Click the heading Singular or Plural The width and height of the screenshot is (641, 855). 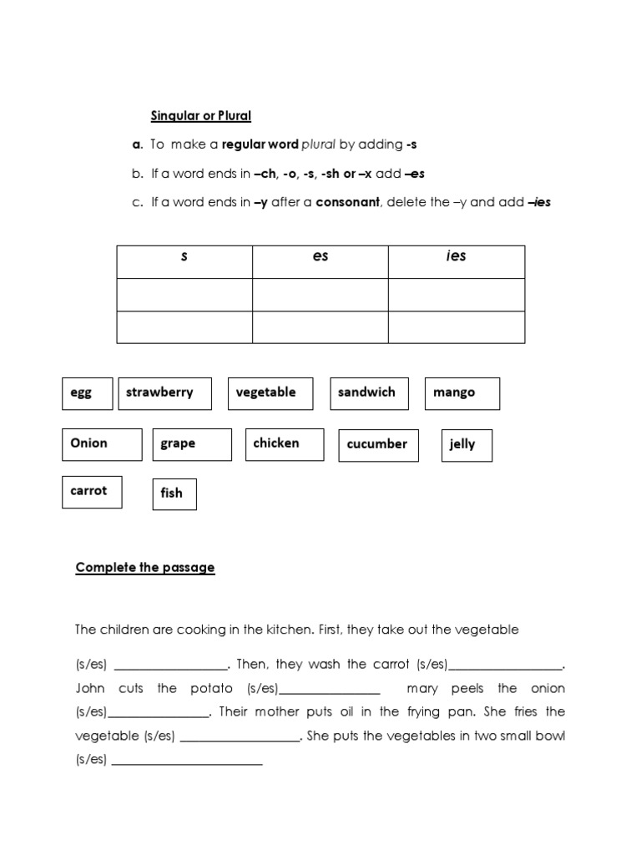click(200, 115)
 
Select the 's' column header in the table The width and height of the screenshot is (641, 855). click(184, 257)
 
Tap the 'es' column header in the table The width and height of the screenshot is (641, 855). click(320, 257)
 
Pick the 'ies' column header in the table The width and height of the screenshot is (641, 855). click(456, 256)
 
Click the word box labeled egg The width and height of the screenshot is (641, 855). click(87, 393)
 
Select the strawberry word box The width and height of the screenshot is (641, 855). click(164, 393)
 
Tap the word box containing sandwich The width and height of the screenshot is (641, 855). click(369, 393)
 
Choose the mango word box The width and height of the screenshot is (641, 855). click(462, 393)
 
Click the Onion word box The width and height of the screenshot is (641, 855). click(101, 444)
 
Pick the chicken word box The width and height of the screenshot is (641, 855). click(285, 444)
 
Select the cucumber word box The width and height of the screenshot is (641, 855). click(378, 445)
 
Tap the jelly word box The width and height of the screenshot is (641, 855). click(467, 445)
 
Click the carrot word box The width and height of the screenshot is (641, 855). click(92, 491)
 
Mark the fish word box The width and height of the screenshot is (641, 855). click(174, 493)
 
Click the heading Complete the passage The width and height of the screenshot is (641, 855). click(145, 568)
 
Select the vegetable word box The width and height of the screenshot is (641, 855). click(270, 393)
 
